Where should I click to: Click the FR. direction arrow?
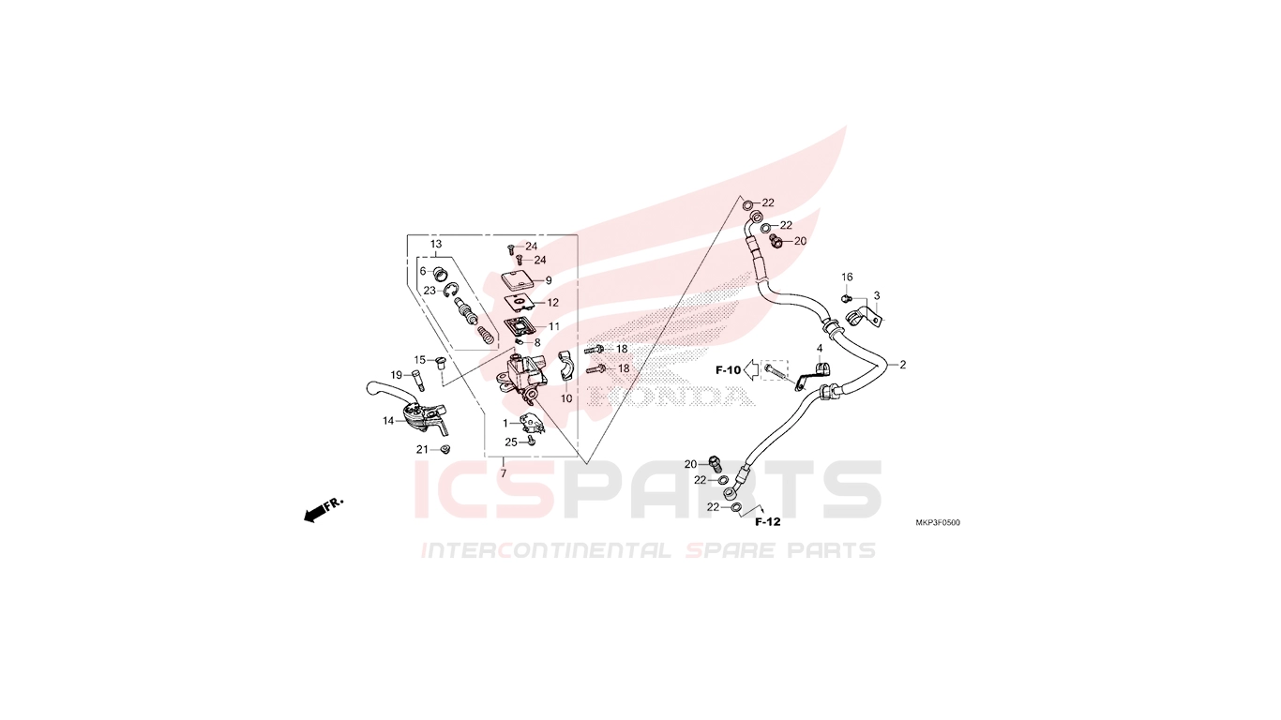(324, 509)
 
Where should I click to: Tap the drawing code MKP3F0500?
(938, 523)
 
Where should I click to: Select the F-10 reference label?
(728, 370)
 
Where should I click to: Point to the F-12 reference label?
(767, 521)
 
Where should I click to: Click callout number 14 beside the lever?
(388, 421)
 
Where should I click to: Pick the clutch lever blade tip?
(369, 389)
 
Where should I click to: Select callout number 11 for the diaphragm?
(553, 326)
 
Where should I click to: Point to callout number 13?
(436, 244)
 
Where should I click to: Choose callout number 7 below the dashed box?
(504, 473)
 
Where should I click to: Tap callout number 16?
(847, 277)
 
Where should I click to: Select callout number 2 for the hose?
(903, 365)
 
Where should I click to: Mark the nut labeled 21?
(443, 449)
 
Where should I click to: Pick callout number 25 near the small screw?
(511, 442)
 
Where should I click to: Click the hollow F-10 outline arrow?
(751, 370)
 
